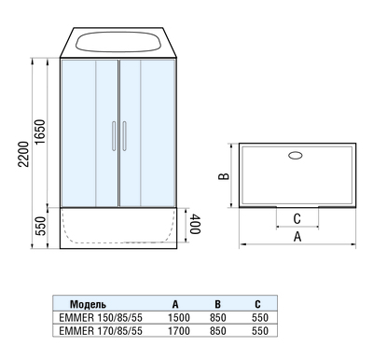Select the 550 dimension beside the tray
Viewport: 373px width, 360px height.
coord(38,226)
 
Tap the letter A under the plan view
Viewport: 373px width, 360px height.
coord(297,238)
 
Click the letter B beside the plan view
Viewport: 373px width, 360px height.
coord(224,174)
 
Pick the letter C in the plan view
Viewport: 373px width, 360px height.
coord(297,218)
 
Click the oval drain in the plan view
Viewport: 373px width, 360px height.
coord(297,157)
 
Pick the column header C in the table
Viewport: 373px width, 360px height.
coord(256,304)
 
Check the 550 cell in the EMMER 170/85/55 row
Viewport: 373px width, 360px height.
coord(259,330)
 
